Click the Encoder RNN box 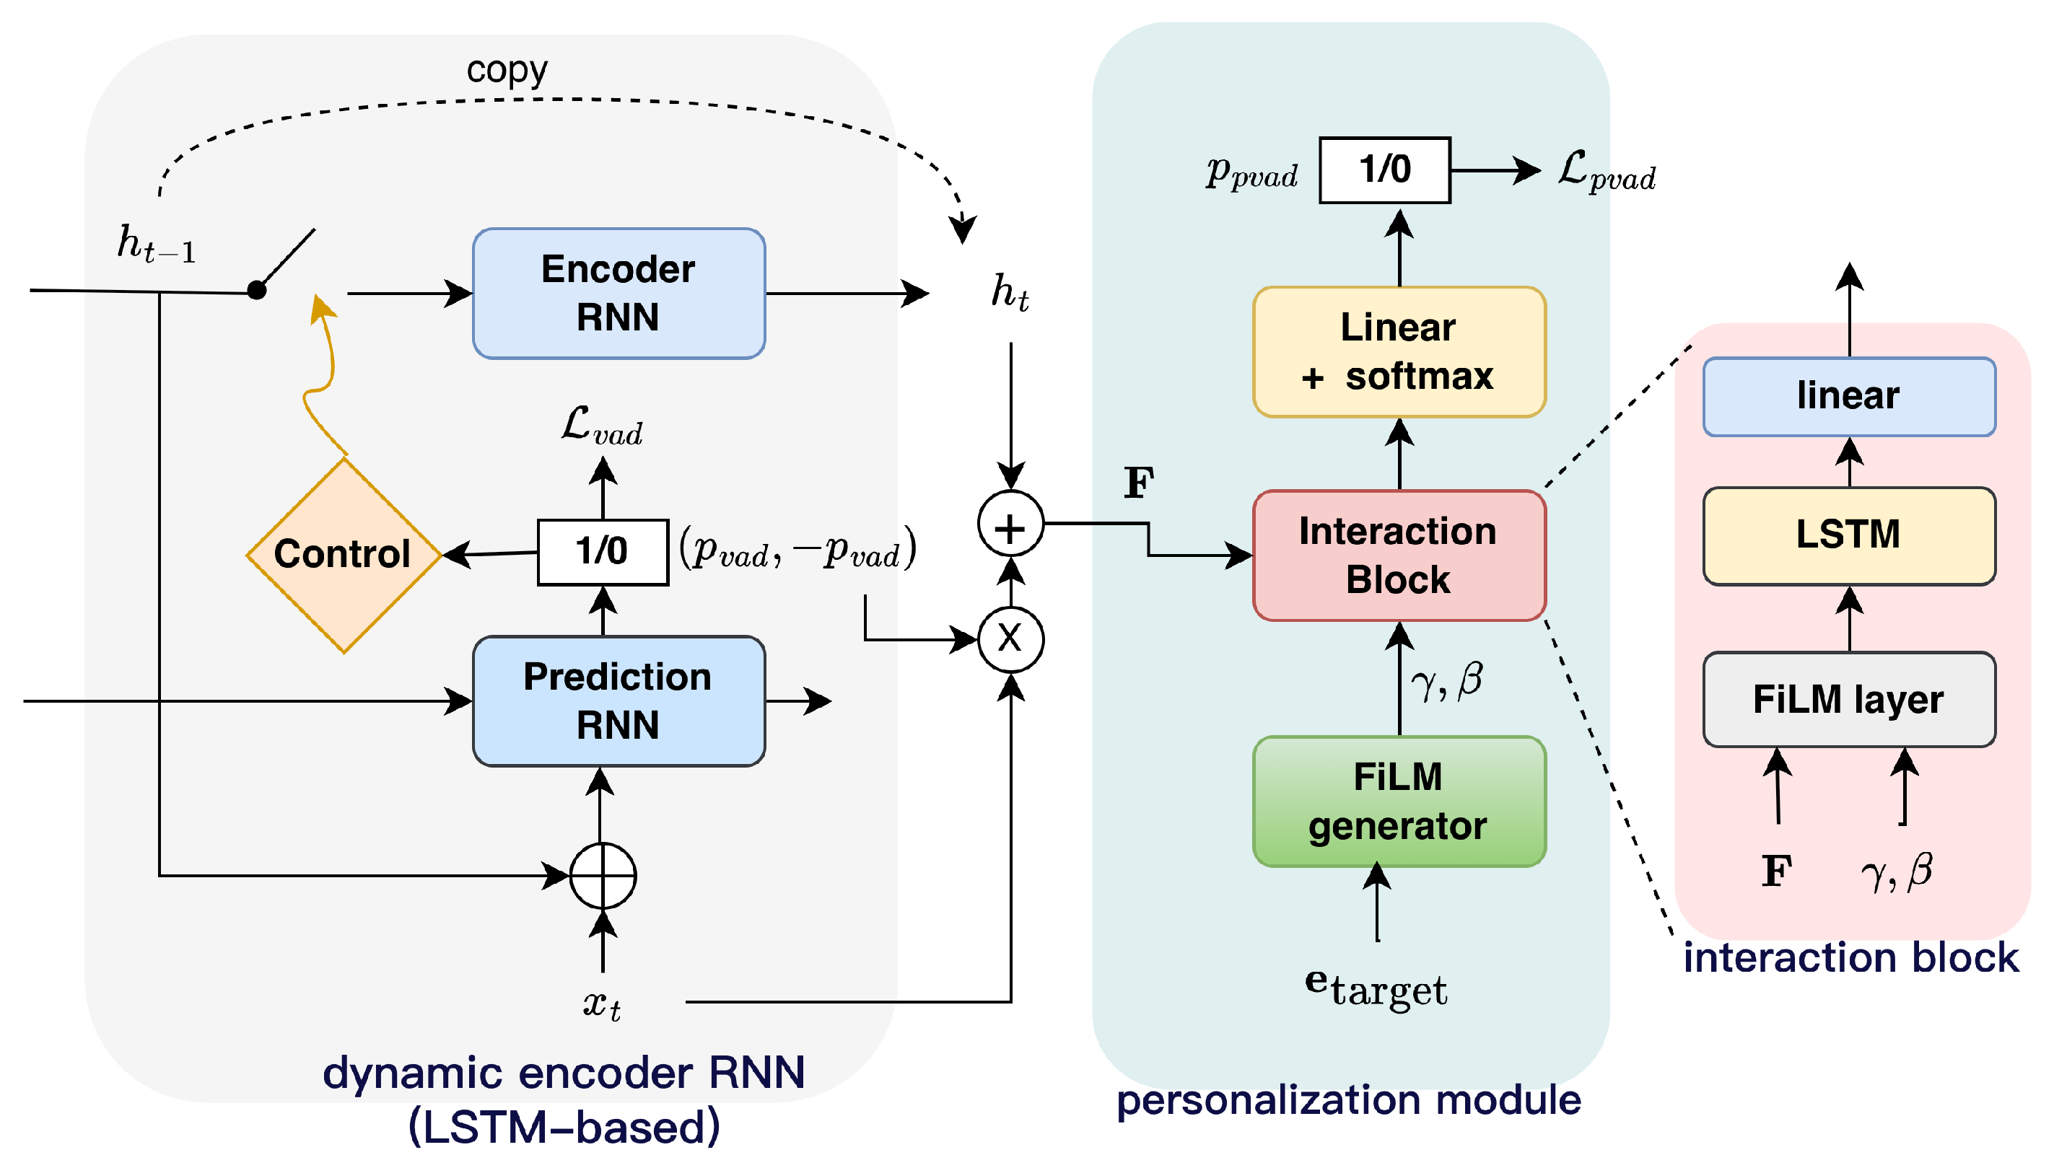click(619, 294)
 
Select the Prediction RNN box click(619, 701)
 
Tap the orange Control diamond click(344, 554)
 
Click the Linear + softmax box click(1399, 352)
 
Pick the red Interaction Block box click(1399, 555)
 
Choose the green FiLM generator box click(1399, 802)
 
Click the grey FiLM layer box click(1848, 700)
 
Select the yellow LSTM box click(1848, 535)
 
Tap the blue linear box click(1848, 396)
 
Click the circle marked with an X click(1010, 639)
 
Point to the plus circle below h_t click(1010, 524)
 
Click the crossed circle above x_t click(603, 875)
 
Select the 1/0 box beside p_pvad click(1385, 170)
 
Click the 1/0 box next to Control click(603, 552)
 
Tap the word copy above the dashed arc click(507, 71)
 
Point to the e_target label click(1376, 988)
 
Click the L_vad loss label click(602, 425)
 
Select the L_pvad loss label click(1607, 172)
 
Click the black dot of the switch click(257, 291)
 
